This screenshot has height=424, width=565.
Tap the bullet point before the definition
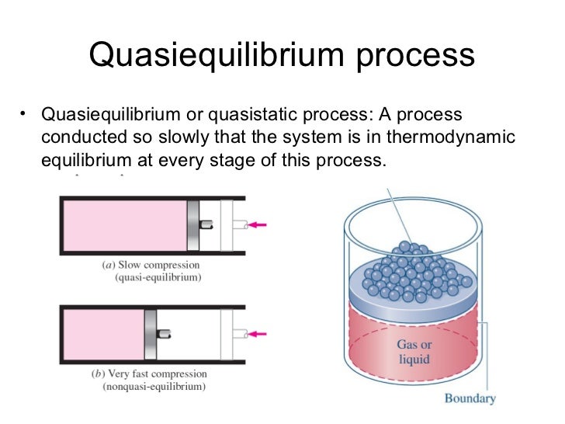click(25, 116)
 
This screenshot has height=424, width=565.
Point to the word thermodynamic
click(453, 138)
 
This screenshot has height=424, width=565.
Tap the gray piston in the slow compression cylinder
click(192, 225)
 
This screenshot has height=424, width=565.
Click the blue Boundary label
click(469, 399)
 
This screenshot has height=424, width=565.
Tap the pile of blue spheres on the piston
click(412, 273)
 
